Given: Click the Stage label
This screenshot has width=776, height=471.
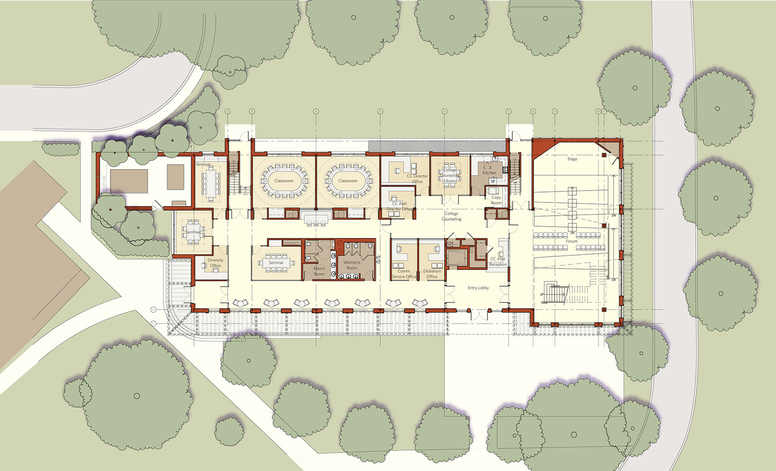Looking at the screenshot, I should point(572,159).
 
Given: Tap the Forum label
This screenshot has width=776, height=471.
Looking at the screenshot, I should point(572,241).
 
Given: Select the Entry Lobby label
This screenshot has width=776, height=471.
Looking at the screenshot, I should point(478,288).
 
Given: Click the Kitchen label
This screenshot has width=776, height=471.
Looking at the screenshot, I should point(489,173).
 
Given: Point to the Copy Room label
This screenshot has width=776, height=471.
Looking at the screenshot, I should point(496,200).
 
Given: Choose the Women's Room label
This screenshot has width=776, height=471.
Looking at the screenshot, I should point(351,265).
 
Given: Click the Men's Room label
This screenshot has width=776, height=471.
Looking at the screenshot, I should point(319,271).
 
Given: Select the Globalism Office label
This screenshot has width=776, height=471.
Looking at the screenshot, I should point(432,274).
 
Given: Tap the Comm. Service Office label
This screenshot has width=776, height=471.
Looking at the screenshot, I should point(404,274).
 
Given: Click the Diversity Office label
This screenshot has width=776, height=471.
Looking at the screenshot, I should point(215,263).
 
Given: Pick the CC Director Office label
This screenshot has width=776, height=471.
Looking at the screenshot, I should point(417,179).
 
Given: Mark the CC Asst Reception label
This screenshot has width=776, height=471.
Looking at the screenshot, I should point(498,262).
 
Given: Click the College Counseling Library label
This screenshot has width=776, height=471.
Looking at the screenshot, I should point(450,175).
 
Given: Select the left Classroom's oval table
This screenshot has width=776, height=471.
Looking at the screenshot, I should point(283,181).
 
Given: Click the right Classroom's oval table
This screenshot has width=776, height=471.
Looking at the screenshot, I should point(348,181).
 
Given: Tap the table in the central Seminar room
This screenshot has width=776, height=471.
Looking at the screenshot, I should point(276,263).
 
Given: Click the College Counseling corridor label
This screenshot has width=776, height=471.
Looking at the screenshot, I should point(451,216).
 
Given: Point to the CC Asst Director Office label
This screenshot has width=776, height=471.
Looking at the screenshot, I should point(399,206).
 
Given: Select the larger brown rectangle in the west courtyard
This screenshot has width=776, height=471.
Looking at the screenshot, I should point(129,181).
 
